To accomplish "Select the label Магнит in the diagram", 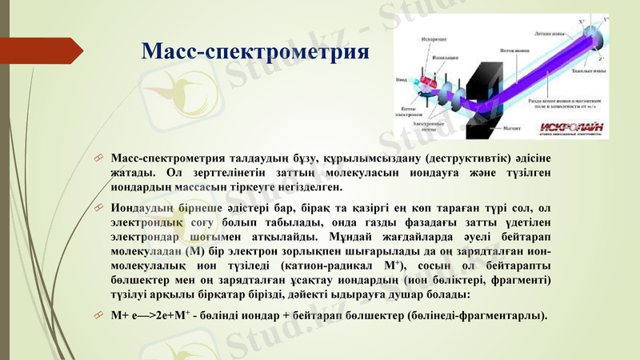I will [511, 128].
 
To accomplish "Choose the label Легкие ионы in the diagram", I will [551, 34].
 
